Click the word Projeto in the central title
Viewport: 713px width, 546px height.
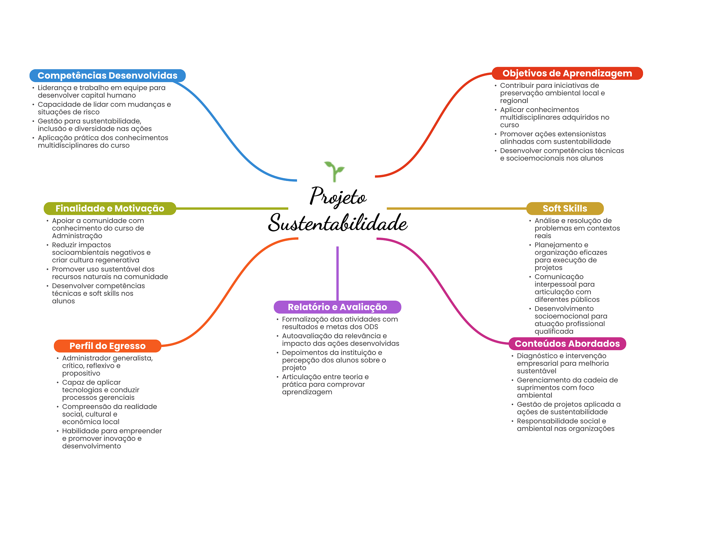338,196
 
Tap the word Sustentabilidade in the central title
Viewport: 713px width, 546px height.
338,223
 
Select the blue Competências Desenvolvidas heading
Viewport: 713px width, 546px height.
107,76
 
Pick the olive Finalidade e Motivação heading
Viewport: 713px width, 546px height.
110,208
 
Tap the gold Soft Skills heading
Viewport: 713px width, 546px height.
565,208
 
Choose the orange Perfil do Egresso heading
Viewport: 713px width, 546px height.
107,346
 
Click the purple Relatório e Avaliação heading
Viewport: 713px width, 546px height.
337,307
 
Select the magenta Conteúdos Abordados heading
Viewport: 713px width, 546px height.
567,344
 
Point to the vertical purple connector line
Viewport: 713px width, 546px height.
337,273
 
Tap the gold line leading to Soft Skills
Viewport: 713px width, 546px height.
456,208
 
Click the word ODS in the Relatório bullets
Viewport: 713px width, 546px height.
371,327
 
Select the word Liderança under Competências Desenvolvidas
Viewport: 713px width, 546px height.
54,88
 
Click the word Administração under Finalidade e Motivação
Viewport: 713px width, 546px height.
77,236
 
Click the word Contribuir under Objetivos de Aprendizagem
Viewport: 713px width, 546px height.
517,86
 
